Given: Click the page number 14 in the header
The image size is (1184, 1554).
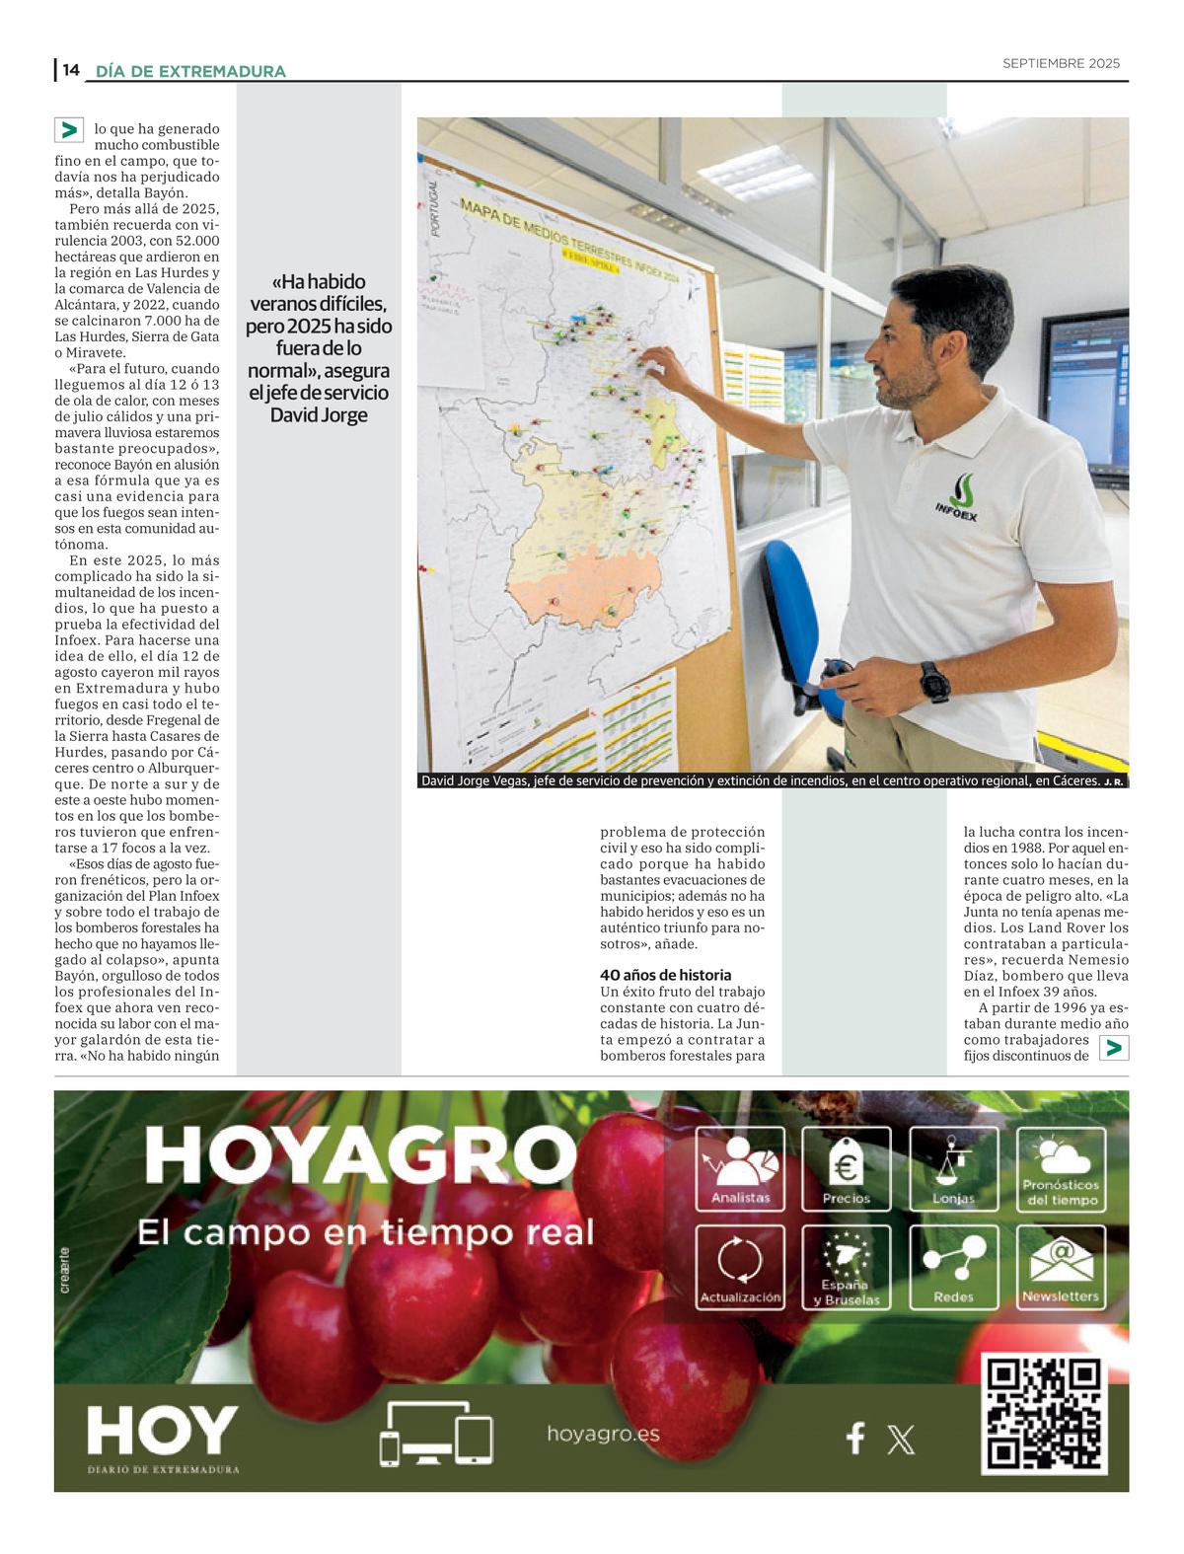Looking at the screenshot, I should point(70,70).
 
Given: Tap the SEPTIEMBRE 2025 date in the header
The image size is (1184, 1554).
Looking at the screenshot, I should point(1061,63).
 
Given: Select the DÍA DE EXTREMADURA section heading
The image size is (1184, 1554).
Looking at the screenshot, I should point(190,71).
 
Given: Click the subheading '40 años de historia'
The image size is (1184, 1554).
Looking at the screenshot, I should point(666,975).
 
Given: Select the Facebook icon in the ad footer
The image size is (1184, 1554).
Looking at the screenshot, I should point(855,1438).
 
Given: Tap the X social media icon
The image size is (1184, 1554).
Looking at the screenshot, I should point(901,1440).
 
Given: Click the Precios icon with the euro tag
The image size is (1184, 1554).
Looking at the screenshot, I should point(846,1169).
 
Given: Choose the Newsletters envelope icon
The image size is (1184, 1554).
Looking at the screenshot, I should point(1061,1267).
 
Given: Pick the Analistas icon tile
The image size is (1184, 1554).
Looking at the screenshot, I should point(740,1169).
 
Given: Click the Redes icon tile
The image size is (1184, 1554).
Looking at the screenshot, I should point(953,1267).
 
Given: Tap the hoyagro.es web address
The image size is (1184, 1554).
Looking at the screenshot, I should point(603,1434).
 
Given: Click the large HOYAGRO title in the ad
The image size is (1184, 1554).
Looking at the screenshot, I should point(361,1155).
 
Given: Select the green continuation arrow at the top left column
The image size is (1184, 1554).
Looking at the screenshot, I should point(68,130).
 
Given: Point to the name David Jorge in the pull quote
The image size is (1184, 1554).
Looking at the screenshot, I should point(319,415).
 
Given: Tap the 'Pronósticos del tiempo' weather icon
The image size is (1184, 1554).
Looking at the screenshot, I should point(1061,1169).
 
